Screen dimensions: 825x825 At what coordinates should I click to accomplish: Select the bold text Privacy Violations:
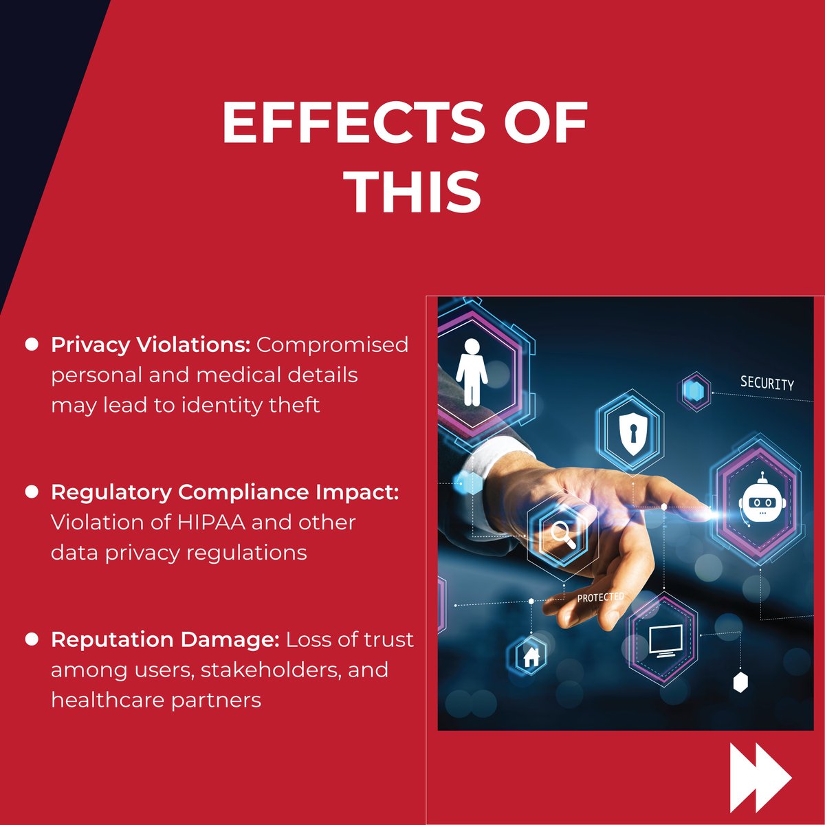pyautogui.click(x=151, y=344)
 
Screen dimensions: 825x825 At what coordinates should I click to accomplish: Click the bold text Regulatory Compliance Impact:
pyautogui.click(x=225, y=492)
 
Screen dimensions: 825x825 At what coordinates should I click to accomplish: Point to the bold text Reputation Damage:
pyautogui.click(x=165, y=639)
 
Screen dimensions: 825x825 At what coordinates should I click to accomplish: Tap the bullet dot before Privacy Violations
pyautogui.click(x=32, y=344)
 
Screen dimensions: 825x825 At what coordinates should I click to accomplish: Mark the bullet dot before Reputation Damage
pyautogui.click(x=32, y=639)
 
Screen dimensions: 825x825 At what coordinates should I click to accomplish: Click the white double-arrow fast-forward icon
pyautogui.click(x=760, y=777)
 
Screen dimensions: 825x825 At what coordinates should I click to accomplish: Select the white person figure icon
pyautogui.click(x=472, y=371)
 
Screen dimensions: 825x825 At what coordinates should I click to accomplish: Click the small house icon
pyautogui.click(x=531, y=657)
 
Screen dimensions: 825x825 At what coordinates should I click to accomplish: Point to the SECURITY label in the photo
pyautogui.click(x=767, y=384)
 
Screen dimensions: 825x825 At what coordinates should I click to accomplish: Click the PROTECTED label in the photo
pyautogui.click(x=600, y=597)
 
